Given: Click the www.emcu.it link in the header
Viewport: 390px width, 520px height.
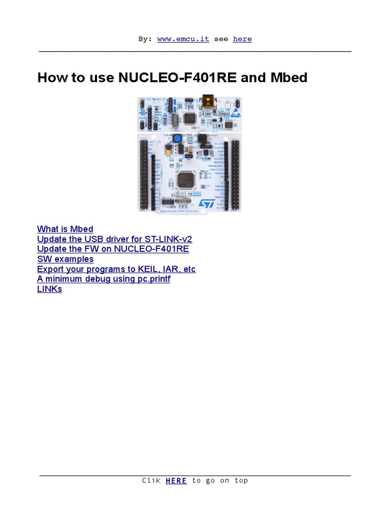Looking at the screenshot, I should [183, 39].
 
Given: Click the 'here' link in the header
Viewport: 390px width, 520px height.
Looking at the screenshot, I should [242, 39].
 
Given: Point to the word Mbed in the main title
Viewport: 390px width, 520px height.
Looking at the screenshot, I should [289, 78].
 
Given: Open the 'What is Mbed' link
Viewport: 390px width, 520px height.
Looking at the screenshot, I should [65, 229].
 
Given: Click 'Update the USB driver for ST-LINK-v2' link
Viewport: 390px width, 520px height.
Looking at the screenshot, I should [114, 239].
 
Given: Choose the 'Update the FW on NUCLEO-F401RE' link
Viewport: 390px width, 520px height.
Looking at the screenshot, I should [113, 249].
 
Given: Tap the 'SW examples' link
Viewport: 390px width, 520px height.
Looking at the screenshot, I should [65, 259].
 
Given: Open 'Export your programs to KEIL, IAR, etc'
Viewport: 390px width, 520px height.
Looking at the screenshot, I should [116, 269].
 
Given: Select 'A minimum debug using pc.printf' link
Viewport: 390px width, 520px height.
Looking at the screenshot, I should [104, 279].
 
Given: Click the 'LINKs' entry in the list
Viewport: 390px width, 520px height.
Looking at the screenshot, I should [49, 289].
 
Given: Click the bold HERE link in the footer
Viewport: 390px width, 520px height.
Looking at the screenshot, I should [176, 480].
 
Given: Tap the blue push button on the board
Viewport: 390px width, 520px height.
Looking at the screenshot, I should [177, 139].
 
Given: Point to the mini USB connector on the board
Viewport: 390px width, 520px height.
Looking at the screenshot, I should [208, 100].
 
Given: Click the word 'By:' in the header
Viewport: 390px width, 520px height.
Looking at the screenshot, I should [145, 39].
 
